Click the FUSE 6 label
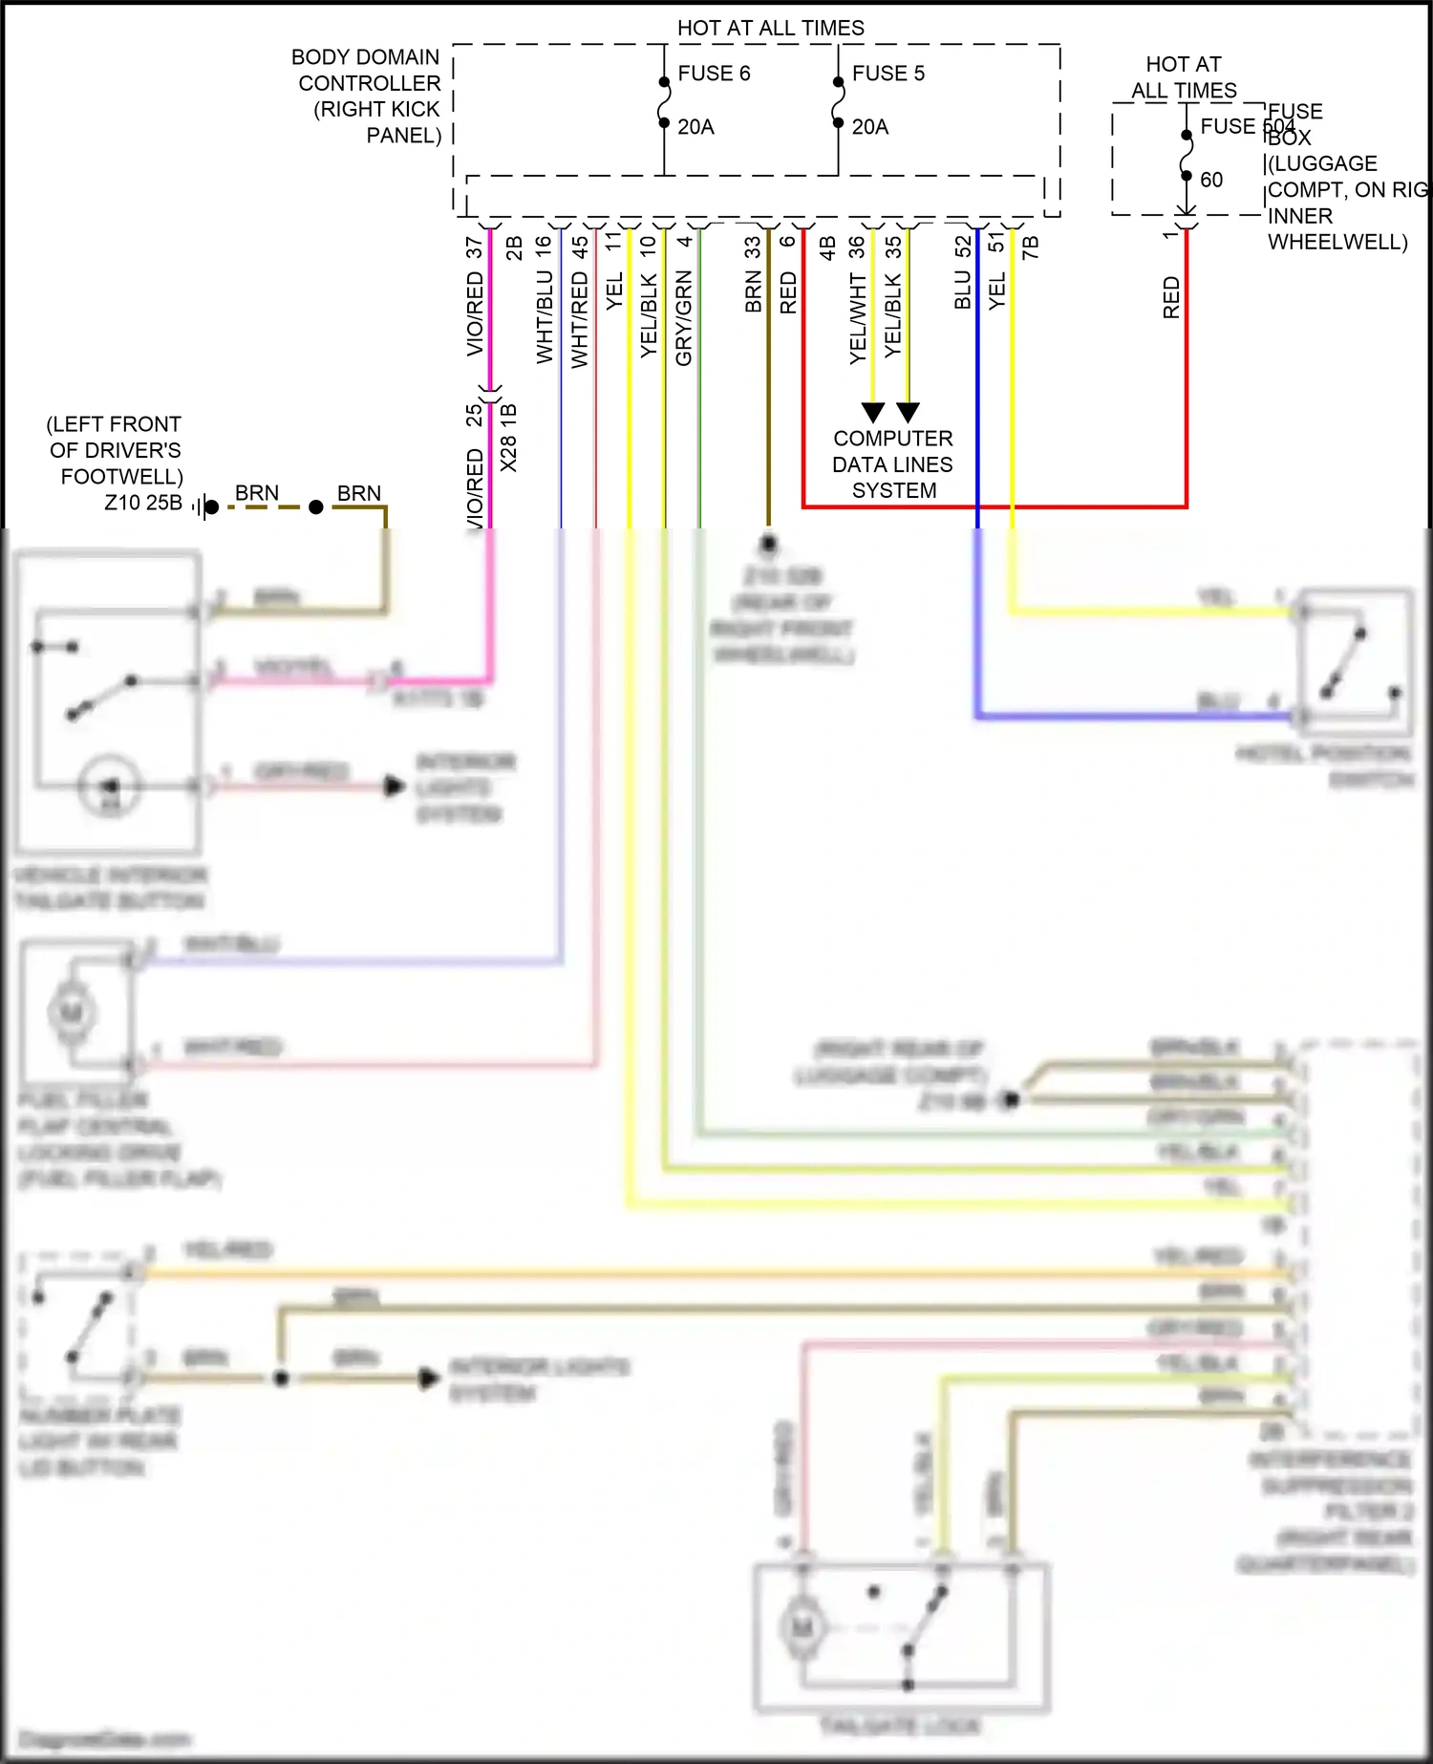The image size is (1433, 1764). tap(714, 74)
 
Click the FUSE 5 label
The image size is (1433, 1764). tap(888, 74)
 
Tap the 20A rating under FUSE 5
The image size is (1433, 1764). tap(869, 127)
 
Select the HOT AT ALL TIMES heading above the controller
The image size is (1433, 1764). tap(770, 28)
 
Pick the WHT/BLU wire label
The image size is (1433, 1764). tap(545, 315)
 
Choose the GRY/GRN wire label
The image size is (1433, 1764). tap(684, 317)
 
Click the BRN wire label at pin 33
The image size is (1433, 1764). tap(754, 291)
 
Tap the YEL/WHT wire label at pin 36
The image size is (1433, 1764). tap(858, 317)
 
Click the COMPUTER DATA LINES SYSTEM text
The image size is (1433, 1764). tap(892, 464)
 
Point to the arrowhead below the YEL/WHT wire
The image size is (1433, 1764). tap(872, 413)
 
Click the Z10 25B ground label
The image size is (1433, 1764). tap(143, 503)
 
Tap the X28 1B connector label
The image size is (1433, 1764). tap(509, 438)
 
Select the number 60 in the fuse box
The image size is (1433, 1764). tap(1211, 180)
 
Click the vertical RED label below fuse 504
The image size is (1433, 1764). tap(1172, 297)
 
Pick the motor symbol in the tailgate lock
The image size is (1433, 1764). tap(802, 1626)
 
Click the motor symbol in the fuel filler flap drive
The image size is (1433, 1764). tap(72, 1011)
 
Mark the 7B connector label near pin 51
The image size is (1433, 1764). tap(1030, 247)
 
